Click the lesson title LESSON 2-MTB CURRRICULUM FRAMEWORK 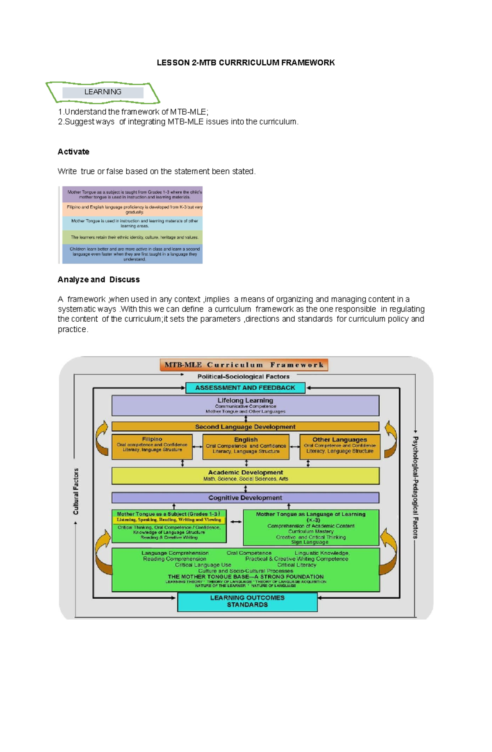(x=246, y=63)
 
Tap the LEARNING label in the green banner (x=102, y=92)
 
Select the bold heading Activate (x=73, y=152)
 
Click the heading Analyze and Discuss (x=98, y=279)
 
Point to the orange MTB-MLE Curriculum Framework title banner (x=244, y=365)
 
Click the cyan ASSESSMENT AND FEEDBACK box (x=245, y=388)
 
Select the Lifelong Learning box (x=245, y=406)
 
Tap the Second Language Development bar (x=245, y=427)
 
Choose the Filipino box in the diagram (x=152, y=446)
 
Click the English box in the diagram (x=246, y=447)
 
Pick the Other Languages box (x=339, y=447)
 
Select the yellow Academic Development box (x=245, y=476)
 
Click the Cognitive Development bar (x=245, y=498)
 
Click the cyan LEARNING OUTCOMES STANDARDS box (x=247, y=602)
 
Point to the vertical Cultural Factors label (x=76, y=491)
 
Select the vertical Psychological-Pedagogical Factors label (x=415, y=487)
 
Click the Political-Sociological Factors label (x=244, y=377)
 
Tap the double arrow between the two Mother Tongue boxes (x=236, y=522)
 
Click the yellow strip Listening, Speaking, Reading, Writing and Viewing (x=169, y=520)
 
